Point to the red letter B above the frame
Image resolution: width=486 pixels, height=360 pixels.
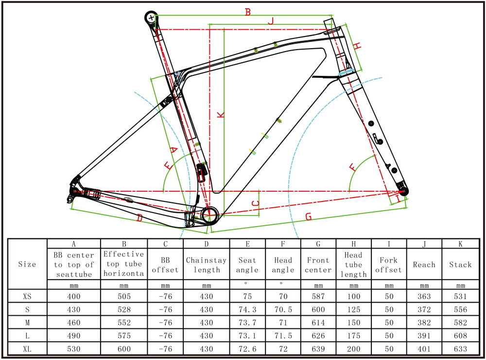tap(247, 12)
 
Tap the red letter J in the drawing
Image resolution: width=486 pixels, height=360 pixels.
tap(271, 20)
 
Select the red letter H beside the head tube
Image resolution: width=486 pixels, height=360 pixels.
tap(357, 46)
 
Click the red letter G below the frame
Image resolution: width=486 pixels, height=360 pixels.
tap(308, 217)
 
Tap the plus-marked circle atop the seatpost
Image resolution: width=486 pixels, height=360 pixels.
tap(152, 18)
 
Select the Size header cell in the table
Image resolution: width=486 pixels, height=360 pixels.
tap(27, 265)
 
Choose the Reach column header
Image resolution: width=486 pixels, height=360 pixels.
tap(424, 265)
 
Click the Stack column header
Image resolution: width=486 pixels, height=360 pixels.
tap(460, 265)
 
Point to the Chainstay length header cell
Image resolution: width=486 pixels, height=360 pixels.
tap(206, 265)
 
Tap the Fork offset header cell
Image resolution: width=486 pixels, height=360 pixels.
tap(389, 265)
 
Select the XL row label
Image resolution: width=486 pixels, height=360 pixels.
tap(27, 349)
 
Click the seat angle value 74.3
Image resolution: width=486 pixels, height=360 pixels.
tap(247, 309)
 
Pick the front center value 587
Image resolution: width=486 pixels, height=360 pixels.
tap(318, 296)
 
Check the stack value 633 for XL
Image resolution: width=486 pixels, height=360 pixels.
tap(460, 349)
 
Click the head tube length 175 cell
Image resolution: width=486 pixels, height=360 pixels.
tap(353, 336)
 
